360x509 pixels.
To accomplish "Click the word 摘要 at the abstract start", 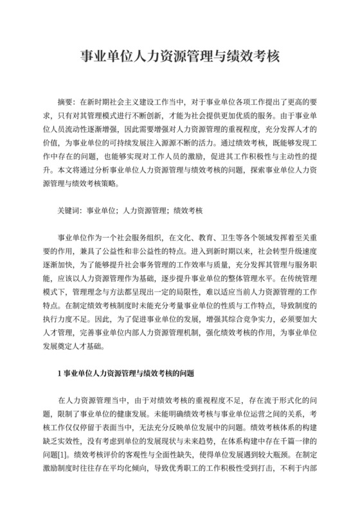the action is pos(66,101).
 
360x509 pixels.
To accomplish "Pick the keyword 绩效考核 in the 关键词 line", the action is pos(187,210).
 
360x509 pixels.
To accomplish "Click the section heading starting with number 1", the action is pos(126,372).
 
